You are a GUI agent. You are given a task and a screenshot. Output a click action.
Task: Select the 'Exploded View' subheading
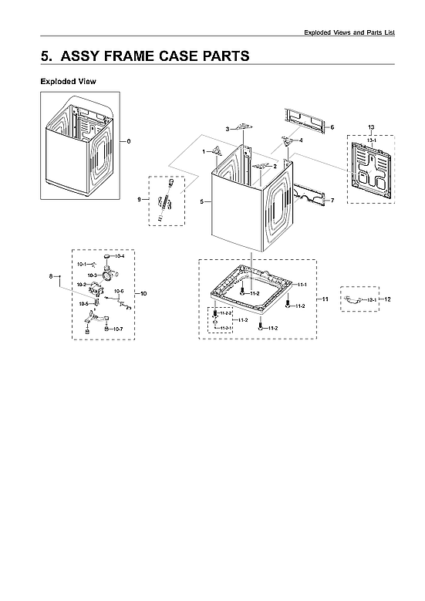coord(68,81)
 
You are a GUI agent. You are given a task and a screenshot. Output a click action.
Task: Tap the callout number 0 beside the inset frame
coord(129,141)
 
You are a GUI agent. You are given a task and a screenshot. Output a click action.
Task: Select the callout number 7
coord(332,201)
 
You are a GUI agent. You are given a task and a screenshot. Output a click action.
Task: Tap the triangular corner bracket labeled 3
coord(245,127)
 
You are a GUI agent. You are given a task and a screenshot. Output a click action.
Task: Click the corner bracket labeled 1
coord(219,152)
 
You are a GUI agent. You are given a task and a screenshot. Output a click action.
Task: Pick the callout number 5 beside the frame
coord(201,201)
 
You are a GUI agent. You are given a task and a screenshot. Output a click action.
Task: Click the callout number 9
coord(139,199)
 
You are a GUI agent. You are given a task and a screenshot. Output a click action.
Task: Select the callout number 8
coord(51,276)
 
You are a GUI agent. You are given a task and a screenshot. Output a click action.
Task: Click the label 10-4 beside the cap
coord(120,256)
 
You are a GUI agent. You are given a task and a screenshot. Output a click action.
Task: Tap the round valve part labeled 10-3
coord(103,275)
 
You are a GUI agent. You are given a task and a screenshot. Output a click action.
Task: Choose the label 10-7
coord(118,329)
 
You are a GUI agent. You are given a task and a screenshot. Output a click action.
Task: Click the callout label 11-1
coord(302,285)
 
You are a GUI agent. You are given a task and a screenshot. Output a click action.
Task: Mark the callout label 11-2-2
coord(226,313)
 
